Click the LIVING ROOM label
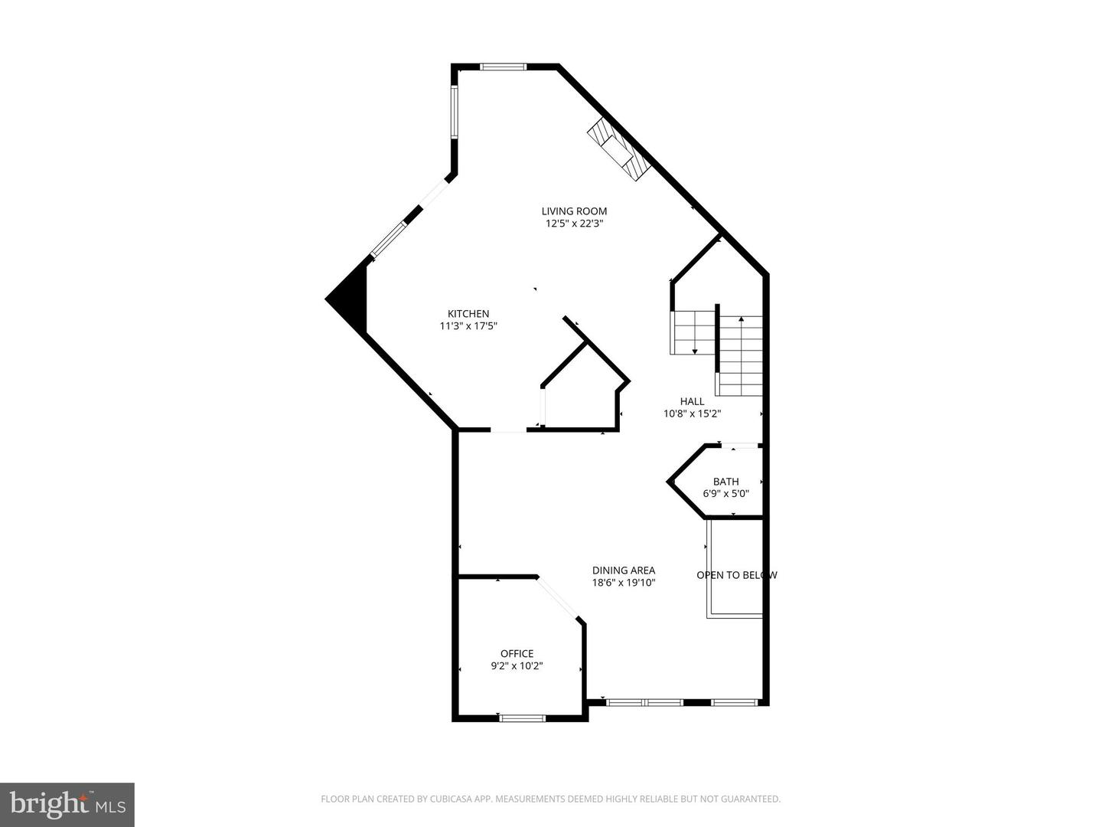(x=574, y=211)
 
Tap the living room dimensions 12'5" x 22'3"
(x=574, y=224)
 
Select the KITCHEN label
(x=468, y=314)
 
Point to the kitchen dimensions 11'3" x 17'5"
(x=468, y=326)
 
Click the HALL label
(x=692, y=401)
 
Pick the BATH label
(x=725, y=482)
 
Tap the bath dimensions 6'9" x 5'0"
(x=725, y=494)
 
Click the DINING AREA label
(x=624, y=570)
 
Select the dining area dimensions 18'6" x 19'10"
(x=624, y=583)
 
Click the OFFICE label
(x=517, y=654)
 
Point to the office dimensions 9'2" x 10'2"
(x=517, y=666)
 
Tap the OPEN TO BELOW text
(x=736, y=575)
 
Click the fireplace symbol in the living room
(x=618, y=151)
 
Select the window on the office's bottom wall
(x=522, y=717)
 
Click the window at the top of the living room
(x=504, y=67)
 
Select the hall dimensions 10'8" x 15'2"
(x=692, y=413)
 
